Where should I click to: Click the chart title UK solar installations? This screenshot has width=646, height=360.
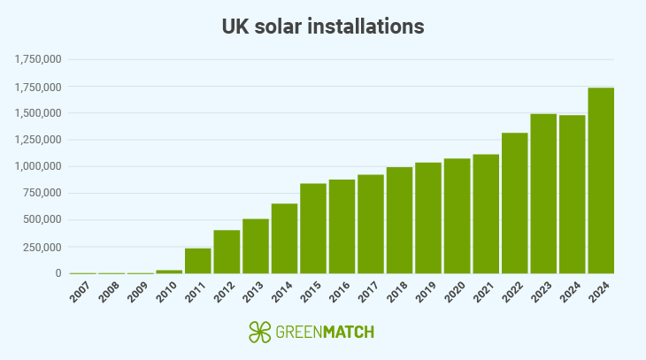[323, 27]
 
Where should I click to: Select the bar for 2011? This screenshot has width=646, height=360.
[198, 261]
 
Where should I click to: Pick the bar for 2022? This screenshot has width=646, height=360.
[515, 203]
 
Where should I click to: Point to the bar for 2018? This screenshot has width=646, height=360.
[400, 220]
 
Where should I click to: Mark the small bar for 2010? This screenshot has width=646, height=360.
[169, 272]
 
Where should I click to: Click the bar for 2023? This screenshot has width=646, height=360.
[543, 194]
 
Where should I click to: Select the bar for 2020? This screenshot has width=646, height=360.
[458, 216]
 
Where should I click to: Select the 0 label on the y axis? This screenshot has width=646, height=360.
[57, 273]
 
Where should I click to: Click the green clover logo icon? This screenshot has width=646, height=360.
[259, 332]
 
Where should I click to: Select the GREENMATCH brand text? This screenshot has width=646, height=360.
[324, 333]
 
